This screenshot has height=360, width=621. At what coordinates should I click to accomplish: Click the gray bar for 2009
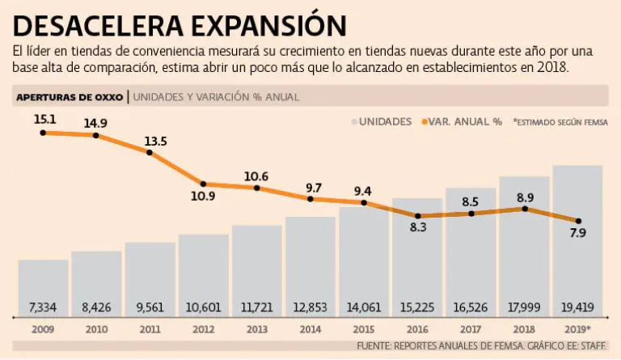(x=43, y=287)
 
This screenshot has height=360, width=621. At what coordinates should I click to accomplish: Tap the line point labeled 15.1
(x=43, y=132)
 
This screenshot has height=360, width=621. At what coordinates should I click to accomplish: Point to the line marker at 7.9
(x=577, y=221)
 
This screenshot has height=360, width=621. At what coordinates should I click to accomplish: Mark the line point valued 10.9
(x=203, y=184)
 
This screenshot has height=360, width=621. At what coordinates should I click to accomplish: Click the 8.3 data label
(x=417, y=229)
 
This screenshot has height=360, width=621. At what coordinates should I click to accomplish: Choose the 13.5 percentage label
(x=155, y=142)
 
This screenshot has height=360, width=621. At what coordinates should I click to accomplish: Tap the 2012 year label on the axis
(x=203, y=330)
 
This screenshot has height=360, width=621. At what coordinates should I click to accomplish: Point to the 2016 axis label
(x=417, y=330)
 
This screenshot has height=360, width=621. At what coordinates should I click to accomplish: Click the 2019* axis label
(x=577, y=330)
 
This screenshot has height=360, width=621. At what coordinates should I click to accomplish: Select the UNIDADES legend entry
(x=385, y=121)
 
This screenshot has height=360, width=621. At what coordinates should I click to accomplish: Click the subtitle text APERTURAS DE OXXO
(x=69, y=97)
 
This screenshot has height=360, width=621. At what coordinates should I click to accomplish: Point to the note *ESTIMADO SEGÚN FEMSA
(x=560, y=121)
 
